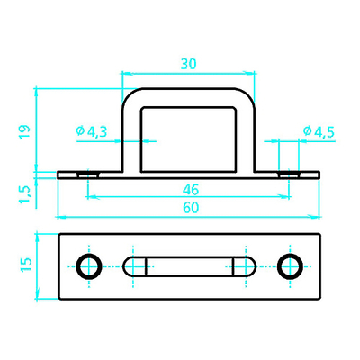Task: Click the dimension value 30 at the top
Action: click(x=188, y=64)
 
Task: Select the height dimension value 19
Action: click(x=25, y=131)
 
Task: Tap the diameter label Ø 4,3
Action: click(x=92, y=131)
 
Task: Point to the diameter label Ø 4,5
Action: click(x=319, y=131)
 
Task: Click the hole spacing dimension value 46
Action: click(x=191, y=190)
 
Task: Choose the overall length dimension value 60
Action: click(x=191, y=208)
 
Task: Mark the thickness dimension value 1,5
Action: click(x=25, y=194)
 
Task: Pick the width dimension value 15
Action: click(x=26, y=264)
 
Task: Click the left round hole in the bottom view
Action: click(x=89, y=266)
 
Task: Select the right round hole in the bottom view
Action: click(x=290, y=266)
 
